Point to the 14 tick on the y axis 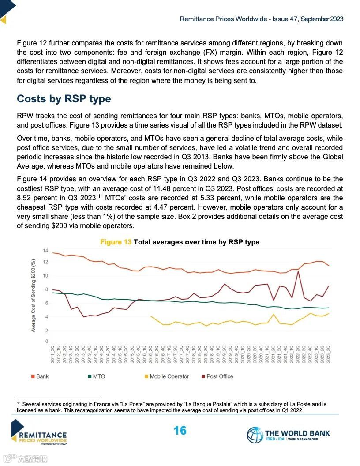(45, 251)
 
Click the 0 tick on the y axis (46, 342)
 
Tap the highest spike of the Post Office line (299, 271)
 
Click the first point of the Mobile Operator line (151, 316)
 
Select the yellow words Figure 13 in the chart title (116, 242)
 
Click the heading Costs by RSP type (64, 99)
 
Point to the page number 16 (180, 431)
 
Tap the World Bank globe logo (255, 435)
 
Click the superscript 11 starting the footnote (19, 403)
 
